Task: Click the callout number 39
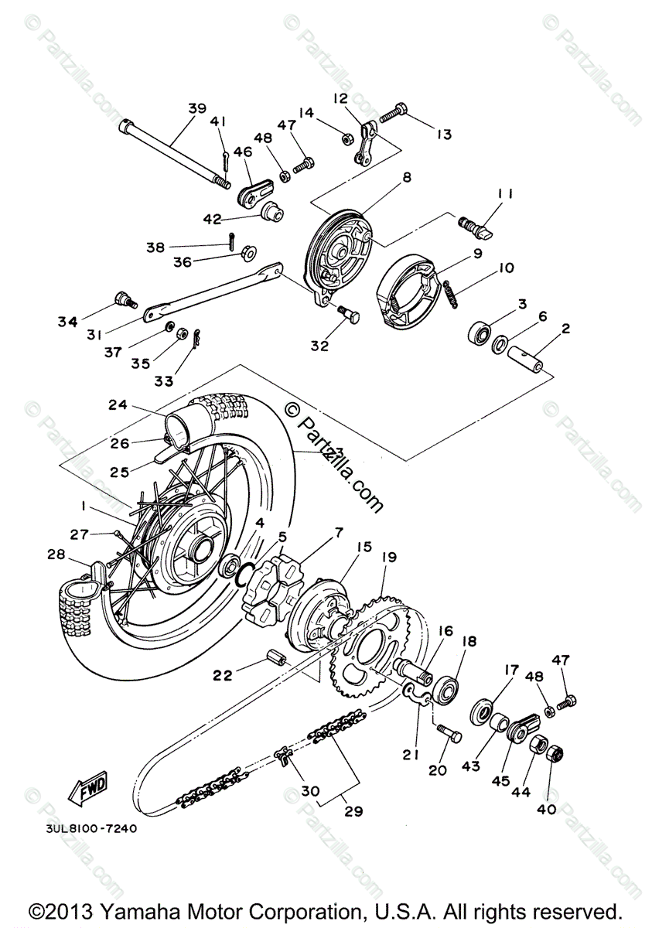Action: (196, 108)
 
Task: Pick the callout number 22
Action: (224, 675)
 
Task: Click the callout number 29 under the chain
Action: (354, 811)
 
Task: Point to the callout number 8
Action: (406, 177)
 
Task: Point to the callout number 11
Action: (505, 193)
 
